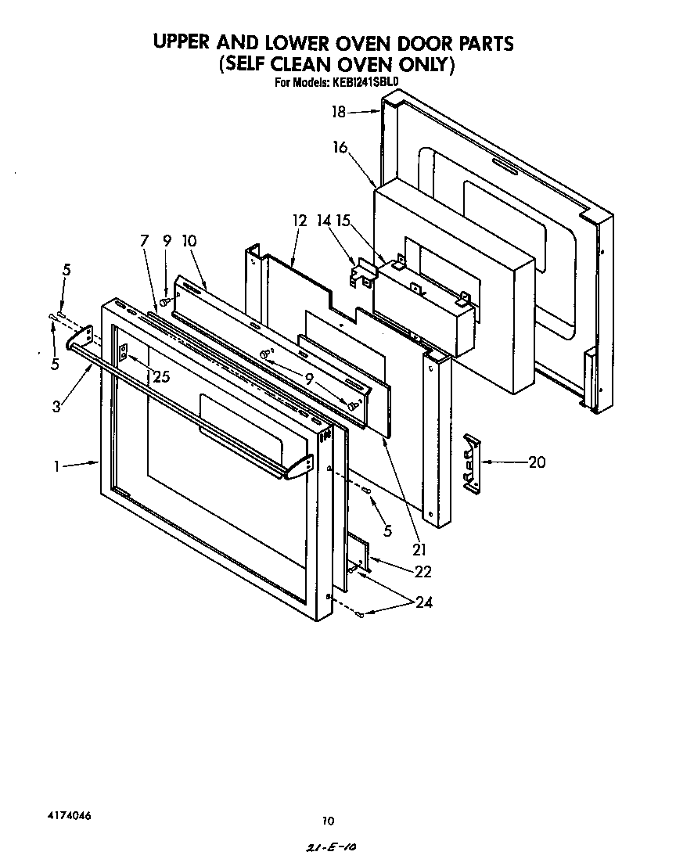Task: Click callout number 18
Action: tap(338, 112)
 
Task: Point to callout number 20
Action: tap(536, 462)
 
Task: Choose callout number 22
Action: tap(422, 572)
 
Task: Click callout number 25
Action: tap(161, 376)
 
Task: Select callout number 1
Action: tap(57, 466)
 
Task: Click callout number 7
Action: tap(144, 241)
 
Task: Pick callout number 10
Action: tap(189, 241)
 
